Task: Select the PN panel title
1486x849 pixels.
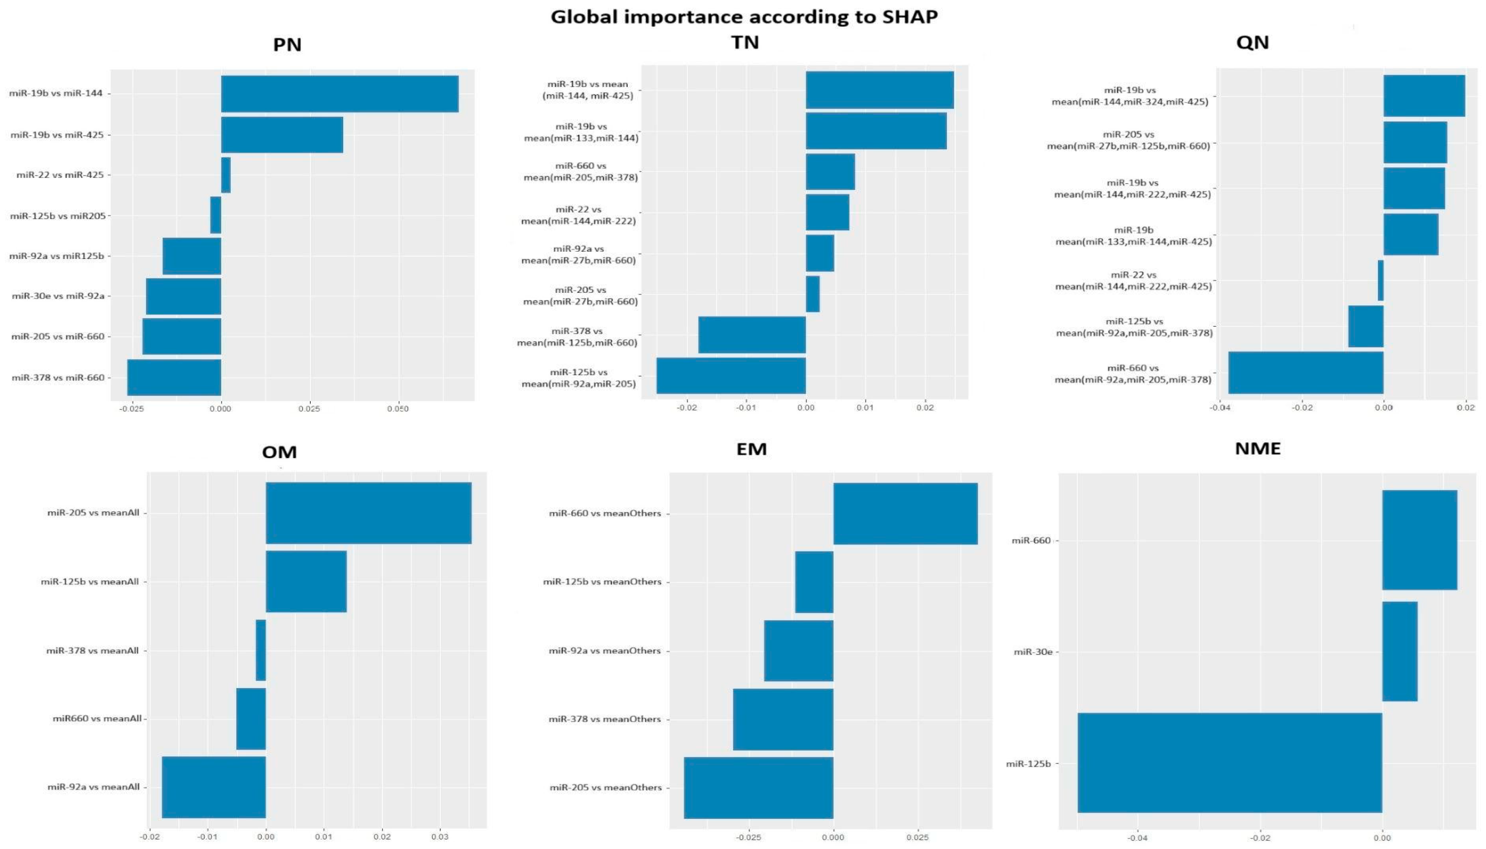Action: coord(287,45)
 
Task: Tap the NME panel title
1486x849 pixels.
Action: coord(1258,449)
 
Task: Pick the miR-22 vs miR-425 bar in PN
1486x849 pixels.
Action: coord(225,175)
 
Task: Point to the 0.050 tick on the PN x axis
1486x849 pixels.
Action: coord(398,409)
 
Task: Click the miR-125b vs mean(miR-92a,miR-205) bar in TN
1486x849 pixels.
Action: coord(731,375)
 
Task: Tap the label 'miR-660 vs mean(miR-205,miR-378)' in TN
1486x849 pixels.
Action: coord(581,172)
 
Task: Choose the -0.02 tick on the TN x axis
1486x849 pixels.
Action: coord(687,408)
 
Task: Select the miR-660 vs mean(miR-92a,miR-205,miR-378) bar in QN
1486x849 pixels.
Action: coord(1305,372)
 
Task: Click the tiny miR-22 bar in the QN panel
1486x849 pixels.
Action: coord(1380,280)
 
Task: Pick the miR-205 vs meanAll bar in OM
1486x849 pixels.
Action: coord(368,513)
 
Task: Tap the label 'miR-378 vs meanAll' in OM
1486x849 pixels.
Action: coord(93,650)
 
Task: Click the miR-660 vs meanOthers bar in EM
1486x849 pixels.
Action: coord(905,513)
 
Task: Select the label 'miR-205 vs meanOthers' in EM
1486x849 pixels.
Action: coord(605,787)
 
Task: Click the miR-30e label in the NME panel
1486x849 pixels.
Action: coord(1033,652)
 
